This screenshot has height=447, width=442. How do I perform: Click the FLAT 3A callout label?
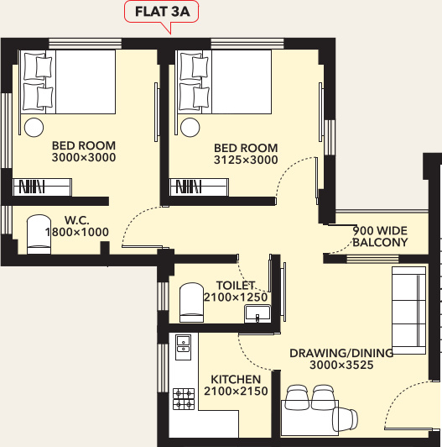(161, 13)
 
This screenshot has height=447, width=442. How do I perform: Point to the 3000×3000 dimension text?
(83, 157)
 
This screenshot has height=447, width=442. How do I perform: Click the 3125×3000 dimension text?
(247, 160)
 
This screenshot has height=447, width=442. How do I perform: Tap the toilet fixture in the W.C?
(39, 234)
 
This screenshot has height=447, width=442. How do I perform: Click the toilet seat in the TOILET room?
(191, 302)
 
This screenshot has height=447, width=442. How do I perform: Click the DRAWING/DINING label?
(330, 353)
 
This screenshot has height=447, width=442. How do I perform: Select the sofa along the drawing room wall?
(408, 308)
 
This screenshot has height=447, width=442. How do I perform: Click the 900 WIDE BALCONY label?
(380, 236)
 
